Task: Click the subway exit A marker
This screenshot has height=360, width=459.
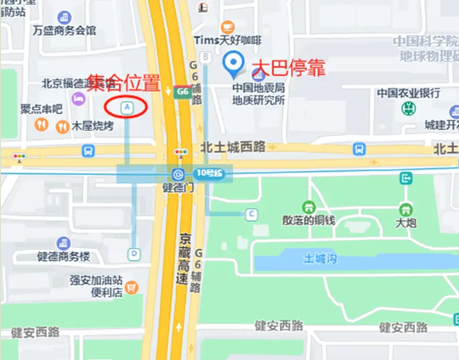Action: [128, 107]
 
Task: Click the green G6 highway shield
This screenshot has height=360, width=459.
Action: [182, 90]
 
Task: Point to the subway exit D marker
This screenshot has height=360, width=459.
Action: [134, 253]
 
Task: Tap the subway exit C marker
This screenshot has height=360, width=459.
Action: [252, 213]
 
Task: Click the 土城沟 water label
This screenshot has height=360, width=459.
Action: [320, 260]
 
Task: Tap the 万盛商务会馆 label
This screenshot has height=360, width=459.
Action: [64, 30]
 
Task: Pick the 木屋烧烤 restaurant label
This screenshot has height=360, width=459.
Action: [92, 126]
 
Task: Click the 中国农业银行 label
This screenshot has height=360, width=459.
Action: [408, 92]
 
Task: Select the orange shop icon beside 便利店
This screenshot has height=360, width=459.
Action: [132, 288]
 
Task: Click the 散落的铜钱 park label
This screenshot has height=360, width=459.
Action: [307, 220]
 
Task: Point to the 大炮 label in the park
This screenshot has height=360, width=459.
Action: [405, 220]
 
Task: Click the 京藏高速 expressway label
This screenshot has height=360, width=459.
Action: [183, 260]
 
